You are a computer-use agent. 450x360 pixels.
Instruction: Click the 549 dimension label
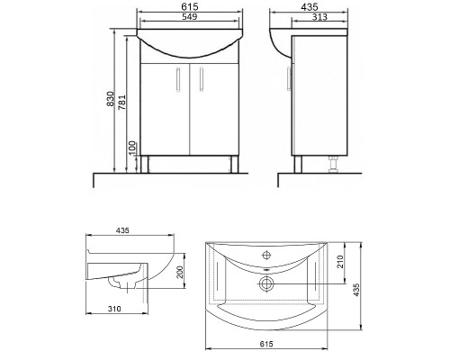coord(190,17)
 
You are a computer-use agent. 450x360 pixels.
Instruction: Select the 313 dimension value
coord(319,17)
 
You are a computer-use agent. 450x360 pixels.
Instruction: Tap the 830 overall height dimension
coord(111,99)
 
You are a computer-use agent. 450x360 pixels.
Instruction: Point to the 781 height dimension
coord(122,102)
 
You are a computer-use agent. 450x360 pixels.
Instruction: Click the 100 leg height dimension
coord(133,148)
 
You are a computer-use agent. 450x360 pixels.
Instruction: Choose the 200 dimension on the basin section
coord(180,272)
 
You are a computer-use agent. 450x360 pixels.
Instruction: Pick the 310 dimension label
coord(114,309)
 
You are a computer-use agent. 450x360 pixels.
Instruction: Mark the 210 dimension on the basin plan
coord(340,261)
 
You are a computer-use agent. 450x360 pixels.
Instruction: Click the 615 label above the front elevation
coord(190,6)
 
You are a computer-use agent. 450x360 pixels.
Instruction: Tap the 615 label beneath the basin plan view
coord(266,344)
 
